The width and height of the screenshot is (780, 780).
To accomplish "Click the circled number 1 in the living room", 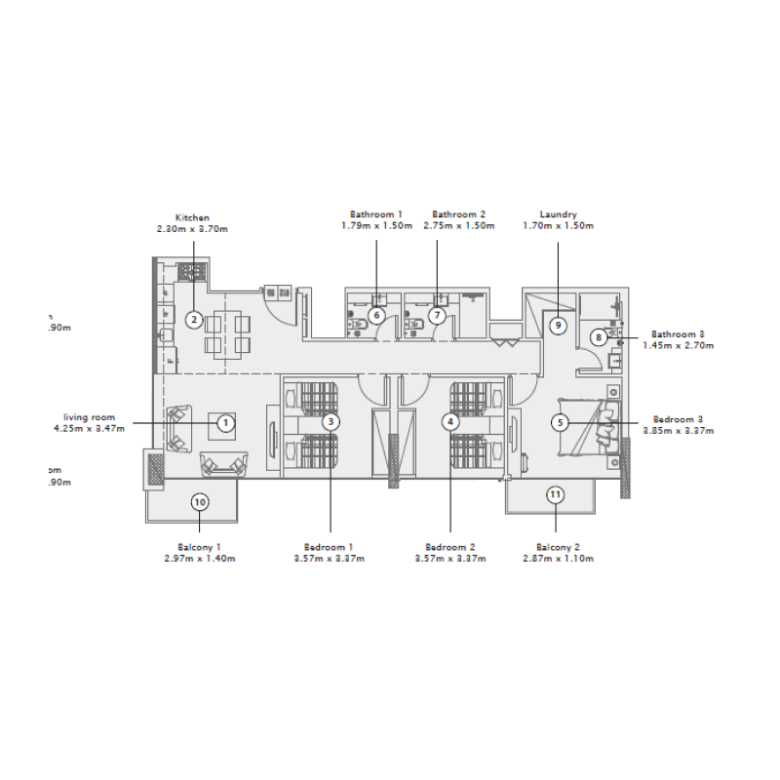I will tap(225, 423).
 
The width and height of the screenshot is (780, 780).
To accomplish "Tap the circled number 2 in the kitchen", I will tap(194, 319).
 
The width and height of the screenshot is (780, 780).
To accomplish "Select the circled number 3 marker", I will tap(331, 422).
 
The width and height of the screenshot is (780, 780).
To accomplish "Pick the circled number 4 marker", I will tap(449, 422).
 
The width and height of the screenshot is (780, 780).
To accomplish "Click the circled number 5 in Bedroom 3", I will tap(559, 422).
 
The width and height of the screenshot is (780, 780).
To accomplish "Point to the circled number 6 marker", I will tap(376, 315).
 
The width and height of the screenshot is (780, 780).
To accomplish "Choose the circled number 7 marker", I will tap(437, 315).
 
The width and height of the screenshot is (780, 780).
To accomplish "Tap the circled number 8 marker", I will tap(598, 337).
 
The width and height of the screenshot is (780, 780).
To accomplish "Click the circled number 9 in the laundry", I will tap(558, 325).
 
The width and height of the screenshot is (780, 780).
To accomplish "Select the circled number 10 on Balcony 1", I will tap(199, 502).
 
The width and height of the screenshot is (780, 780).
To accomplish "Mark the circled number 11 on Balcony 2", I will tap(555, 494).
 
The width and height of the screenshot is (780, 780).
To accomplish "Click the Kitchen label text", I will tap(192, 217).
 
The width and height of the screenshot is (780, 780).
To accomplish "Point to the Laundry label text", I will tap(558, 214).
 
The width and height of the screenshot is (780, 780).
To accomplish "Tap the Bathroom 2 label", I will tap(458, 214).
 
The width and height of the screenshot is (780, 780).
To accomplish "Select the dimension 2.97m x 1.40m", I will tap(199, 559).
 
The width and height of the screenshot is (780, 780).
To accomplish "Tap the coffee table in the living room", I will tap(219, 426).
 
